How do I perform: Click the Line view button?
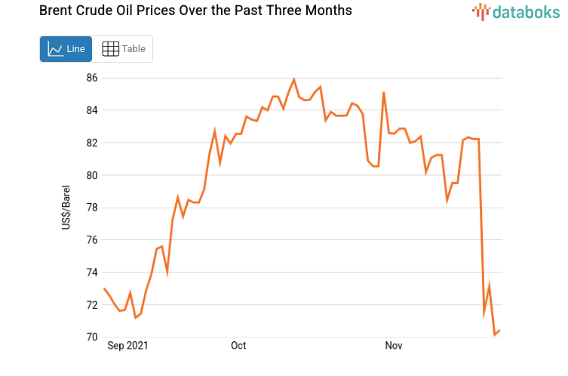click(x=66, y=49)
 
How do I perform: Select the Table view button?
click(x=123, y=49)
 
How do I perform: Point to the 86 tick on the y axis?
click(x=92, y=78)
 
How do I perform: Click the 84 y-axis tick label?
click(x=92, y=110)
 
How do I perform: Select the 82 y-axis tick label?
click(x=92, y=143)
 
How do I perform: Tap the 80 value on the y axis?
click(x=92, y=175)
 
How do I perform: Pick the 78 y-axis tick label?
click(x=92, y=208)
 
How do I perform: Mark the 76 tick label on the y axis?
click(x=92, y=240)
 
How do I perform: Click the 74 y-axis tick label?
click(x=92, y=273)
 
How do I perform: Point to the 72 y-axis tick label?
click(x=92, y=305)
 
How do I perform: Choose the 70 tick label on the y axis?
click(x=92, y=337)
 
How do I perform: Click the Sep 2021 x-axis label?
click(x=127, y=346)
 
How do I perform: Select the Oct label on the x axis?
click(x=238, y=346)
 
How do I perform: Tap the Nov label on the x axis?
click(x=394, y=346)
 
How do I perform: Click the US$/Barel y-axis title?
click(x=66, y=207)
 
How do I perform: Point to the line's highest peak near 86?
click(x=293, y=79)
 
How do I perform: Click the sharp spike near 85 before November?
click(x=384, y=93)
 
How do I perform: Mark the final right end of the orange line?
click(x=499, y=331)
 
